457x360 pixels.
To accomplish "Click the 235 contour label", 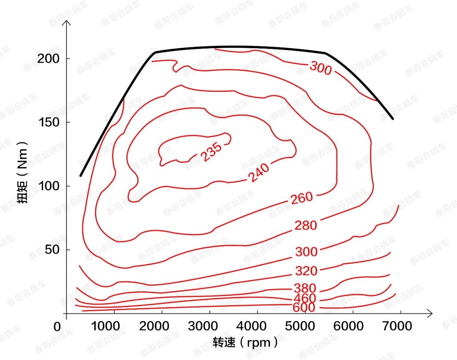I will (x=211, y=152).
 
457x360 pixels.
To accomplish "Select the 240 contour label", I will (x=259, y=173).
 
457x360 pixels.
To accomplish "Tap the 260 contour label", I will (x=302, y=198).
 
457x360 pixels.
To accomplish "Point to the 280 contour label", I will (x=306, y=225).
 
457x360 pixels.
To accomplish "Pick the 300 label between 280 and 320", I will (x=306, y=252).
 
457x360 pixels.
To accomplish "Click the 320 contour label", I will (x=306, y=271).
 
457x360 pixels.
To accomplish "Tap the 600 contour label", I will (x=304, y=308).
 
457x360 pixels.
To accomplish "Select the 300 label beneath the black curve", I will (x=320, y=68).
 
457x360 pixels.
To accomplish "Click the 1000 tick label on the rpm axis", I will (x=114, y=326).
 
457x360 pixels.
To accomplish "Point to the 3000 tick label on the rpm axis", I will (x=209, y=326).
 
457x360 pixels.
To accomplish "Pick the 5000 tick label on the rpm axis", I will (x=305, y=326).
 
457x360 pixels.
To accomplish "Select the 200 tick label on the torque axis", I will (x=48, y=58).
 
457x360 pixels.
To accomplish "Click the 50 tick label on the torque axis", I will (x=52, y=250).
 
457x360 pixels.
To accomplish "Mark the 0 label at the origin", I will (x=58, y=327).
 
